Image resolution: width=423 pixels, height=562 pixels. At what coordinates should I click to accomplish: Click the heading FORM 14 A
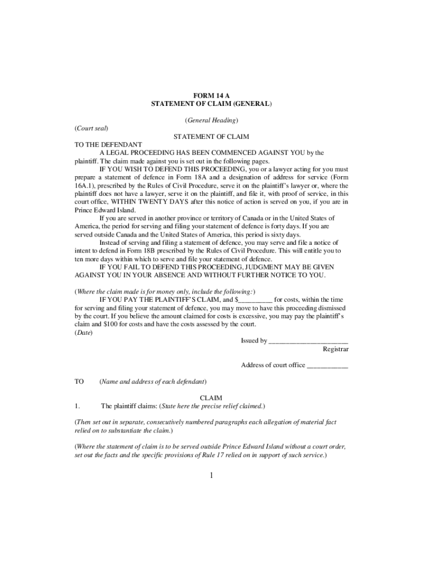click(x=211, y=95)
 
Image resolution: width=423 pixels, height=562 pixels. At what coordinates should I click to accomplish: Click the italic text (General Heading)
click(x=211, y=120)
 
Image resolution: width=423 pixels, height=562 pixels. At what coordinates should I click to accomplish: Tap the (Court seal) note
click(x=91, y=128)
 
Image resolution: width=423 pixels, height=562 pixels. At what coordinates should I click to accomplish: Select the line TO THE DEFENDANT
click(x=108, y=144)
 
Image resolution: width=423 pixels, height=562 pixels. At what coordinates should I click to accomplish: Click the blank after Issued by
click(x=308, y=341)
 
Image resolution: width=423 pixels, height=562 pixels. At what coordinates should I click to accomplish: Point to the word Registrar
click(x=335, y=349)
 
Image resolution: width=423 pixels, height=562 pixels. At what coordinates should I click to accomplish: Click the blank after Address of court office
click(x=327, y=366)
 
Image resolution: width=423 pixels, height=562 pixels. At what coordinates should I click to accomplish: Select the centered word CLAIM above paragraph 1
click(x=211, y=398)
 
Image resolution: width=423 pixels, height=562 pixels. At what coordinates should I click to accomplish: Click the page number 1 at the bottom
click(x=211, y=475)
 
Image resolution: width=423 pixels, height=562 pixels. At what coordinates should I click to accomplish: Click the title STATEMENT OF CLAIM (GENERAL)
click(x=211, y=103)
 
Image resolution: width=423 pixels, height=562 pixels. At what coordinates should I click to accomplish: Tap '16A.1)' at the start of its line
click(x=85, y=186)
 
